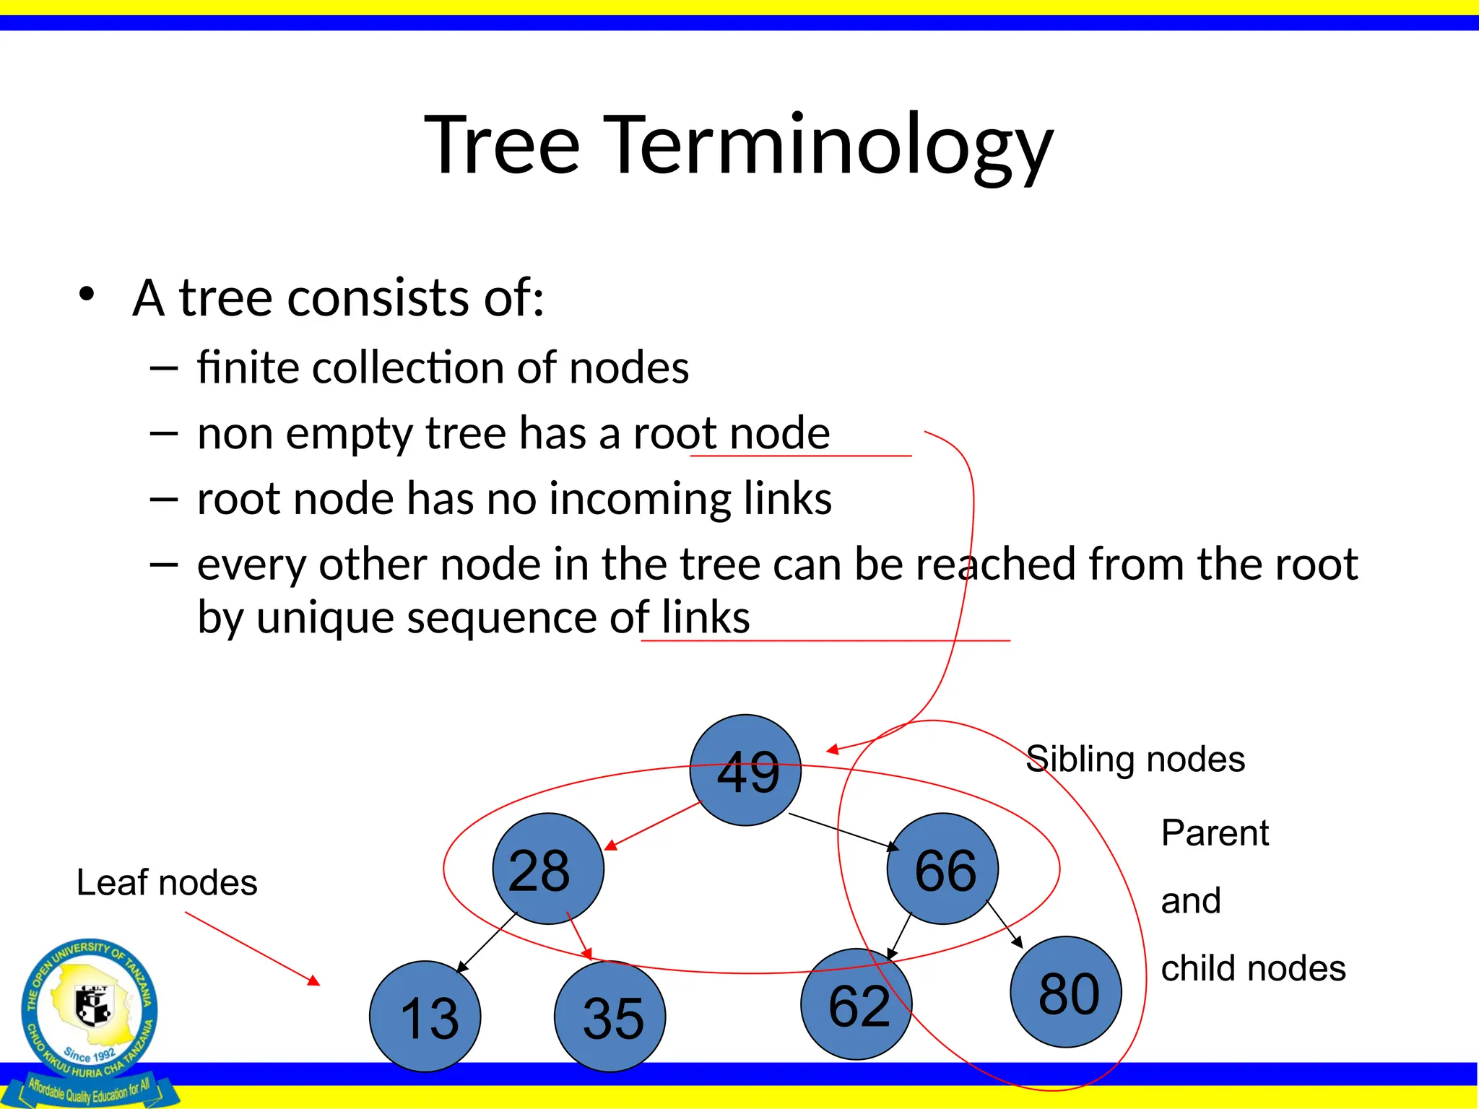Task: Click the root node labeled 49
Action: tap(745, 770)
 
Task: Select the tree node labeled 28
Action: tap(548, 869)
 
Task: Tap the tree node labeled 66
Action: tap(942, 869)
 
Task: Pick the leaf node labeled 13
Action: tap(425, 1017)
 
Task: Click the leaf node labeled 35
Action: tap(610, 1017)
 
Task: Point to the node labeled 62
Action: tap(856, 1004)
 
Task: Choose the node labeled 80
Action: tap(1066, 992)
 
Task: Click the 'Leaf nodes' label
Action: tap(167, 882)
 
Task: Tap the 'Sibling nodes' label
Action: tap(1135, 759)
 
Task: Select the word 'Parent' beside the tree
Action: tap(1215, 832)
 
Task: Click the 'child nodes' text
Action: tap(1253, 968)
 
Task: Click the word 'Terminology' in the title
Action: tap(828, 145)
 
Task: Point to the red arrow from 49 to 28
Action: tap(654, 826)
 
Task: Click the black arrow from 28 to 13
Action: tap(487, 943)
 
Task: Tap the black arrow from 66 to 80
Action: tap(1005, 924)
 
